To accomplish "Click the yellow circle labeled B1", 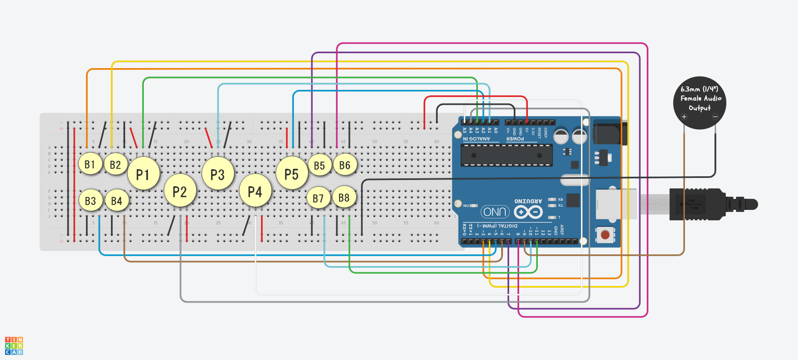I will click(90, 164).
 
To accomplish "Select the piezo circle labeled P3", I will click(217, 175).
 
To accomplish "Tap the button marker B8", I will click(344, 197).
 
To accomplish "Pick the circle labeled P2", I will click(180, 192).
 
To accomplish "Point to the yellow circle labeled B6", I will click(345, 165).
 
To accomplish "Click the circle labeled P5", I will click(292, 174).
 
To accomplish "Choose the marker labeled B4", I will click(117, 201).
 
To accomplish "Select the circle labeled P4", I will click(255, 191).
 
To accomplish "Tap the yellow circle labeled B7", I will click(318, 198).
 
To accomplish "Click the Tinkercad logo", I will click(14, 346).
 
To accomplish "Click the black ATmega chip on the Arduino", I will click(506, 155).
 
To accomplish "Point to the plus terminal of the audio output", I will click(684, 117).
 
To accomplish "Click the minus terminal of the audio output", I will click(715, 117).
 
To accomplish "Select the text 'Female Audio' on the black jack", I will click(701, 99).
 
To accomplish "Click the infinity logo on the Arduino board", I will click(528, 212).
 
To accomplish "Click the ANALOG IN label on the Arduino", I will click(476, 139).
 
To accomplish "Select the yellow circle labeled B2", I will click(116, 165).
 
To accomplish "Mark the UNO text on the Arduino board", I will click(495, 212).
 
